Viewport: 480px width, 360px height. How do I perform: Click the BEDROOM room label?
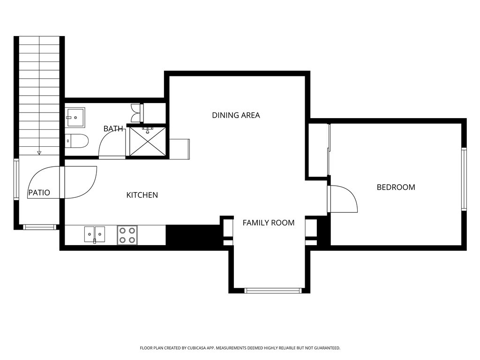coord(396,187)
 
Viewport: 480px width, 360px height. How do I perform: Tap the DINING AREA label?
coord(236,115)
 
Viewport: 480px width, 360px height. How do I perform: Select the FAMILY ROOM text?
coord(269,223)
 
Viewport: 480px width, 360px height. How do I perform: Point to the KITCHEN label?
coord(142,195)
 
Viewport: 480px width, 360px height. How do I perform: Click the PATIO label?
coord(39,193)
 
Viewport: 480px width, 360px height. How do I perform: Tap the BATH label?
coord(113,128)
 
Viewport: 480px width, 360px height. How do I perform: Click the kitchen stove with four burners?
coord(127,235)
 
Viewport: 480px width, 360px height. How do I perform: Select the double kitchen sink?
coord(95,235)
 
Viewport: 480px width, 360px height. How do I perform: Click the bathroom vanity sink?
coord(75,117)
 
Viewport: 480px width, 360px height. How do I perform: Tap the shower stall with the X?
coord(148,142)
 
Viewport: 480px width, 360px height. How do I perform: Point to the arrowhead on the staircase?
coord(39,152)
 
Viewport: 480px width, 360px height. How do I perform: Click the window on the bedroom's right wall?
coord(464,179)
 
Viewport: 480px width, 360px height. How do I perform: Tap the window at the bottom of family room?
coord(273,291)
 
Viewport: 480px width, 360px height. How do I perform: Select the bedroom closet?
coord(318,150)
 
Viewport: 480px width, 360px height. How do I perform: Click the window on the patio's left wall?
coord(16,180)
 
